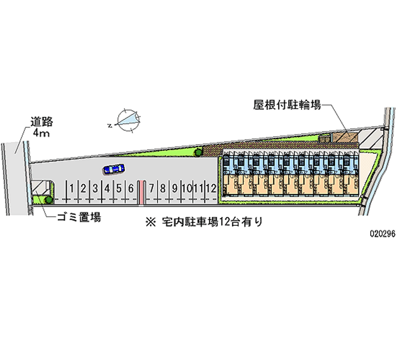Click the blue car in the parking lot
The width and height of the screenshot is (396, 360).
pyautogui.click(x=114, y=169)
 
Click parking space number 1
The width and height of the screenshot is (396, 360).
pyautogui.click(x=72, y=189)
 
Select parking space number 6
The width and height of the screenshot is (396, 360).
pyautogui.click(x=131, y=189)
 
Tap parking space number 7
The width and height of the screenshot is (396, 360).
pyautogui.click(x=151, y=189)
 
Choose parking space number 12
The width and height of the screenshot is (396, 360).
pyautogui.click(x=211, y=189)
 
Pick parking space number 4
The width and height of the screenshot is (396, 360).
pyautogui.click(x=107, y=189)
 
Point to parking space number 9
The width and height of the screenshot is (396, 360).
pyautogui.click(x=175, y=189)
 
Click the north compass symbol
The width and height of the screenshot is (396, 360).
pyautogui.click(x=128, y=121)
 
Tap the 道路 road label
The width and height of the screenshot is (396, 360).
pyautogui.click(x=42, y=122)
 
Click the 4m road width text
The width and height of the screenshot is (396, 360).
pyautogui.click(x=42, y=133)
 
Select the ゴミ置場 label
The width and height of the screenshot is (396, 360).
pyautogui.click(x=79, y=217)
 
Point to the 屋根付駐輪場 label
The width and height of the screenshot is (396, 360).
pyautogui.click(x=287, y=104)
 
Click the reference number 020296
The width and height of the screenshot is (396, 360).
pyautogui.click(x=382, y=234)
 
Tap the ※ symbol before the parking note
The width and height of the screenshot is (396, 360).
pyautogui.click(x=151, y=222)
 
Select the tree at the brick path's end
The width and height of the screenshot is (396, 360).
pyautogui.click(x=198, y=152)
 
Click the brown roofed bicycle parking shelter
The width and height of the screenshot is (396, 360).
pyautogui.click(x=345, y=138)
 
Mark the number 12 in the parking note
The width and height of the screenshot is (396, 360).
pyautogui.click(x=224, y=222)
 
